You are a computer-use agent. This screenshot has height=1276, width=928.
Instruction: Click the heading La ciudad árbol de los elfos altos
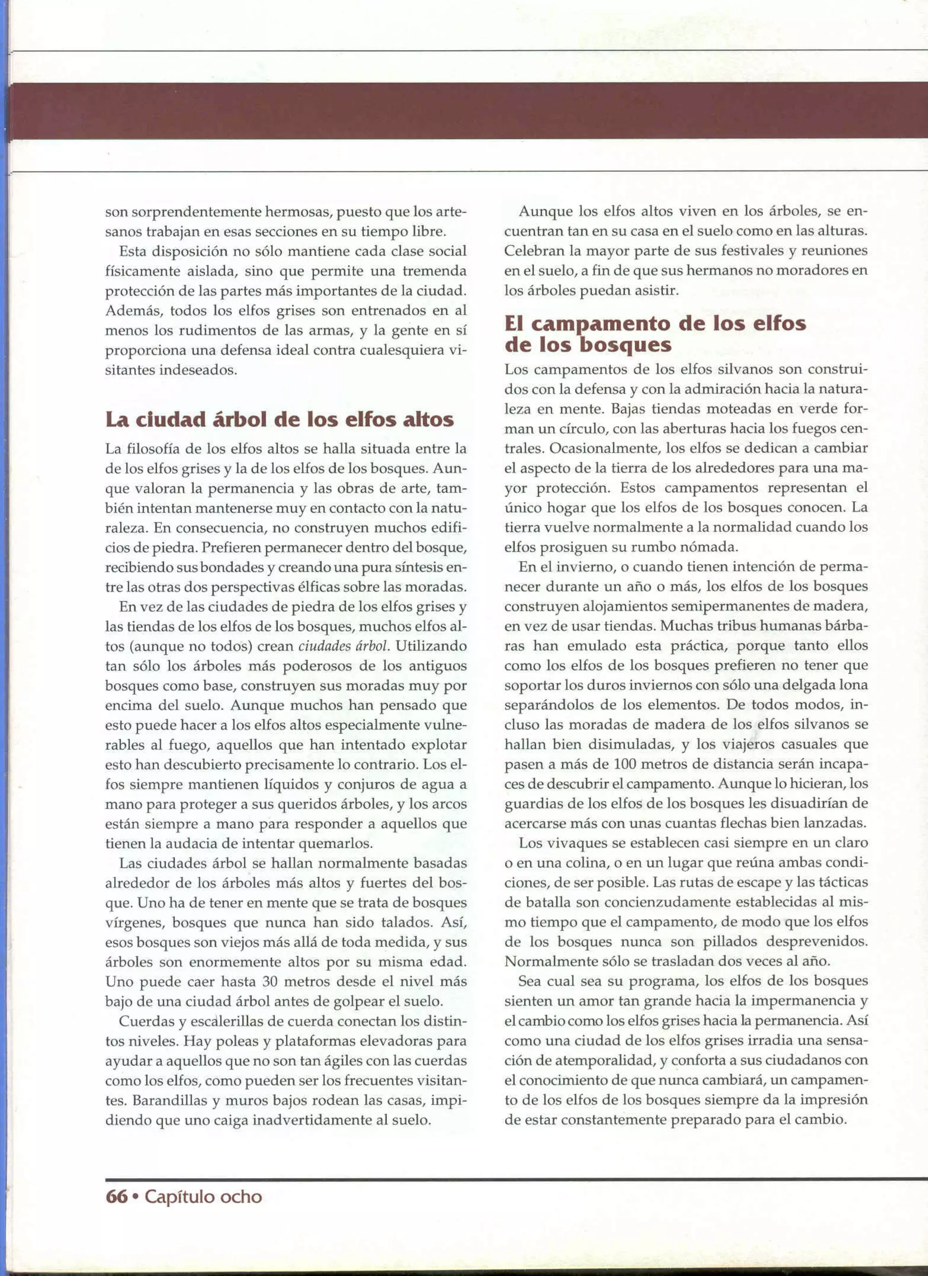279,419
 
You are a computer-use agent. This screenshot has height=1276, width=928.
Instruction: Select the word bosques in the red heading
626,344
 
